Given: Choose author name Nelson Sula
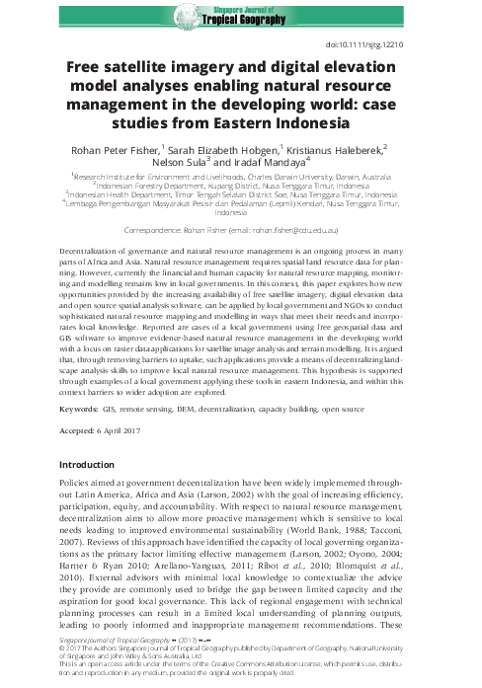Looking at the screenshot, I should (x=193, y=163).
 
